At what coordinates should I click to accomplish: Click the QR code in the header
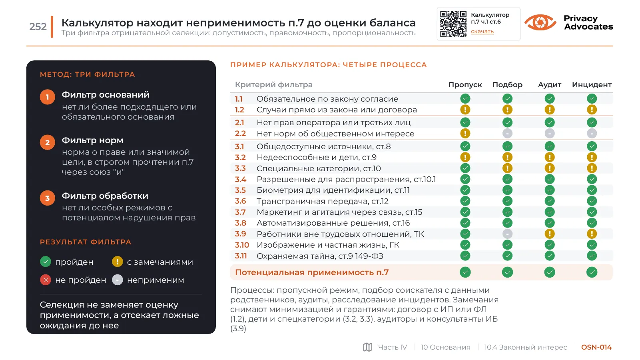453,24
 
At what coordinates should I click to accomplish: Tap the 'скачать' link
482,32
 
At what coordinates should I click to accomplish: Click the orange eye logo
540,22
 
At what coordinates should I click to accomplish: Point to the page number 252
38,26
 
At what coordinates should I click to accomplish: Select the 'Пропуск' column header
465,85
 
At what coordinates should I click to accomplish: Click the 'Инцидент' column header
592,85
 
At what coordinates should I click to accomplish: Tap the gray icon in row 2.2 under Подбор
507,134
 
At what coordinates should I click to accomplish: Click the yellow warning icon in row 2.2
465,134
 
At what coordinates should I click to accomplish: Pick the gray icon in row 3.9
507,234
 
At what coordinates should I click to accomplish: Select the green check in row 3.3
465,168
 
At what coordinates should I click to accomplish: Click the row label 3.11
241,256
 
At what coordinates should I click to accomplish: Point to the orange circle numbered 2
48,142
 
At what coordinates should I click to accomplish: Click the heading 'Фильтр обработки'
105,196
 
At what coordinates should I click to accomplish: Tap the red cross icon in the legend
46,280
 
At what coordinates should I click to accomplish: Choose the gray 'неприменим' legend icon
118,280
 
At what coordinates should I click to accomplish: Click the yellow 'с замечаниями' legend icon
118,262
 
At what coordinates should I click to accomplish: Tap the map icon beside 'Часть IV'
368,347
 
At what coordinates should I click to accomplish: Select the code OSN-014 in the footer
596,347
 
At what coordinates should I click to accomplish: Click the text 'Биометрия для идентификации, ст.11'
333,190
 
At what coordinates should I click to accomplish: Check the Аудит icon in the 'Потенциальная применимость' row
549,272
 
